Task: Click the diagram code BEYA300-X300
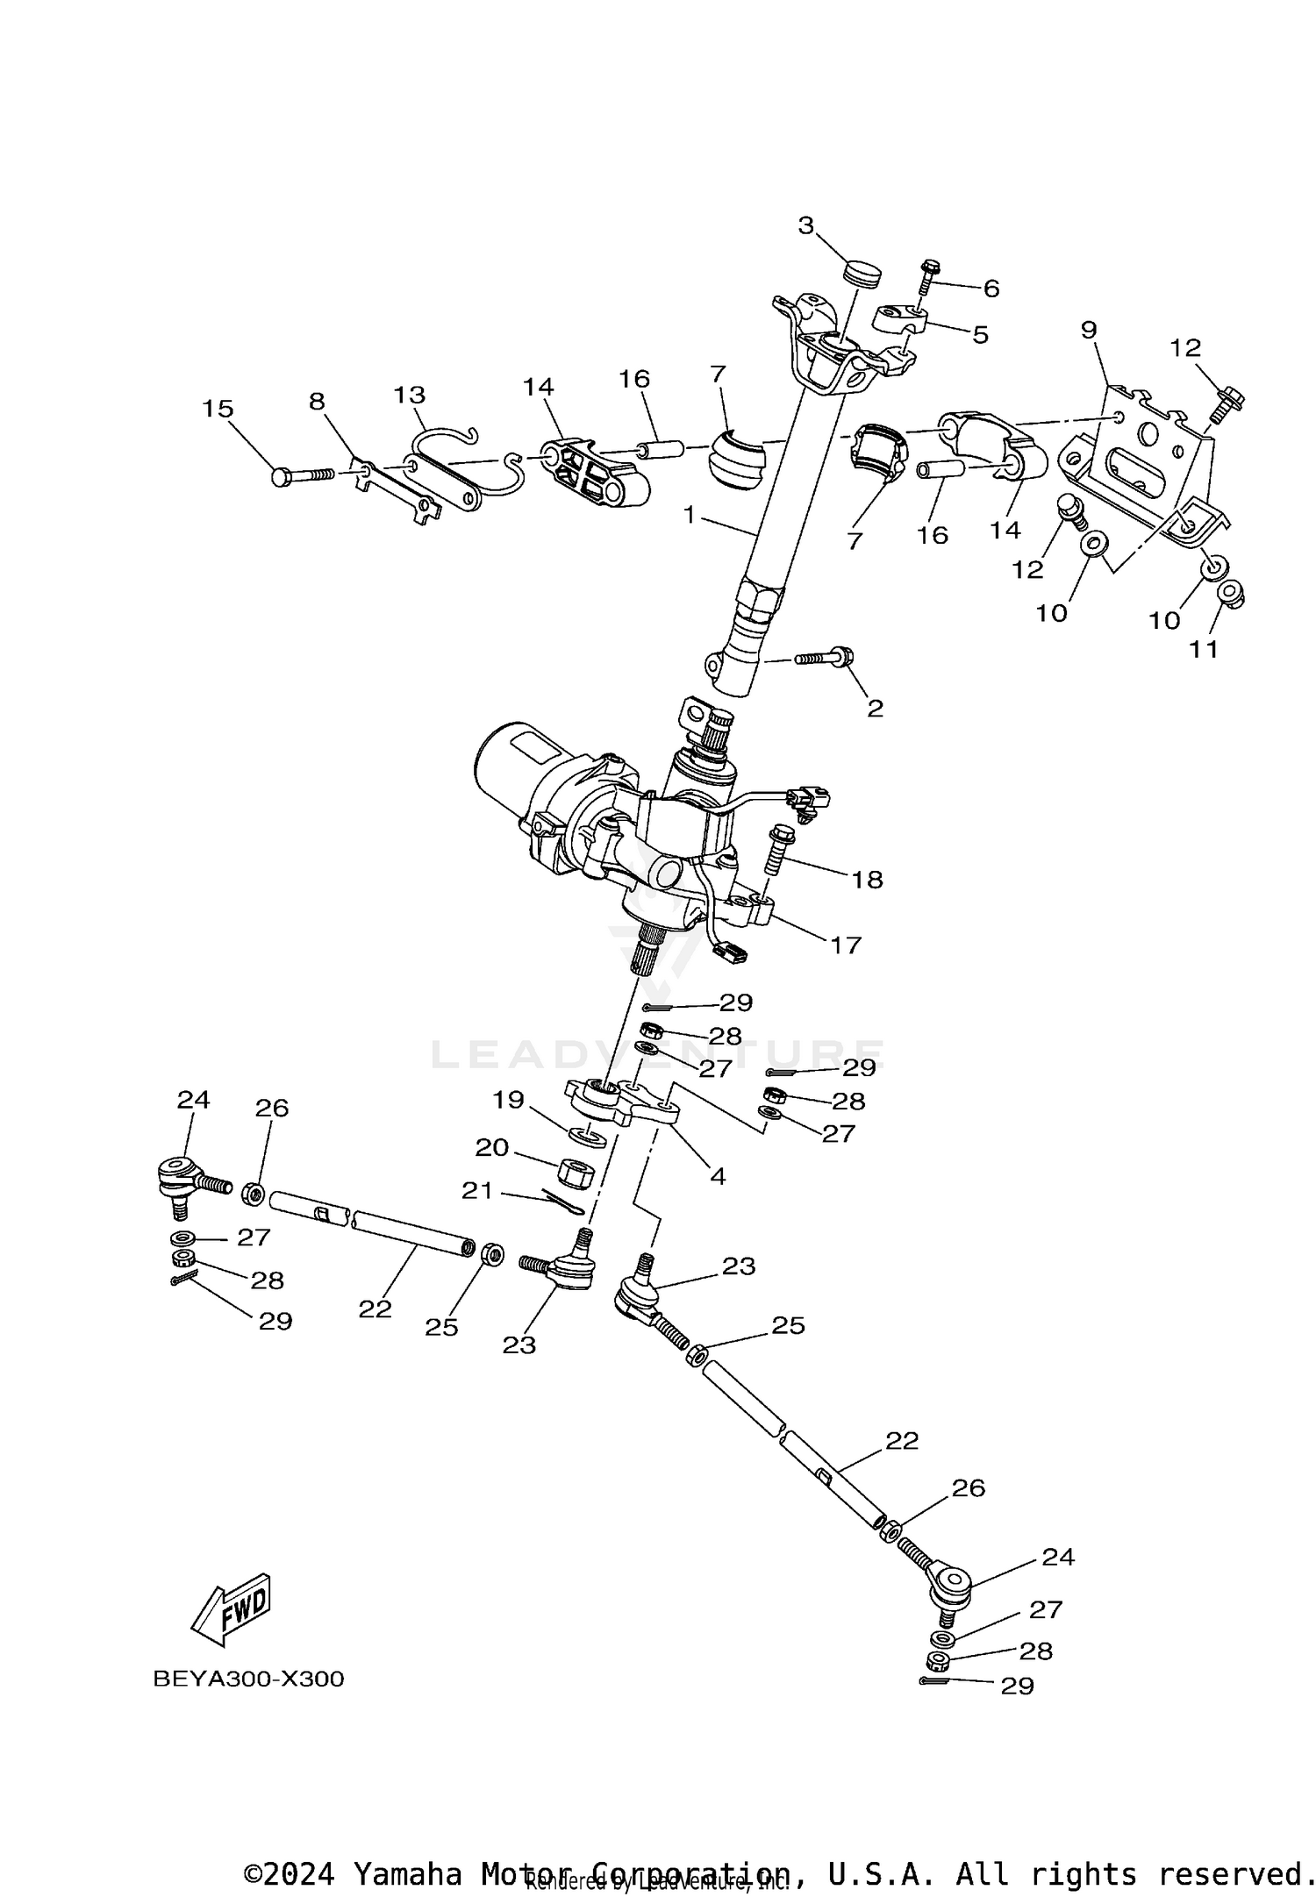(x=248, y=1679)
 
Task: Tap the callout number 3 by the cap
(x=806, y=226)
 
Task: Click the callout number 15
(x=218, y=409)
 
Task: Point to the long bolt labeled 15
(x=303, y=475)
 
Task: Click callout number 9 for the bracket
(x=1088, y=331)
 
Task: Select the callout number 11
(x=1205, y=649)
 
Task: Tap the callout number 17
(x=846, y=945)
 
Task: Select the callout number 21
(x=477, y=1190)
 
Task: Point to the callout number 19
(x=508, y=1100)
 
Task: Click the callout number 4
(x=718, y=1176)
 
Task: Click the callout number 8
(x=317, y=402)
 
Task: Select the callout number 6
(x=991, y=289)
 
